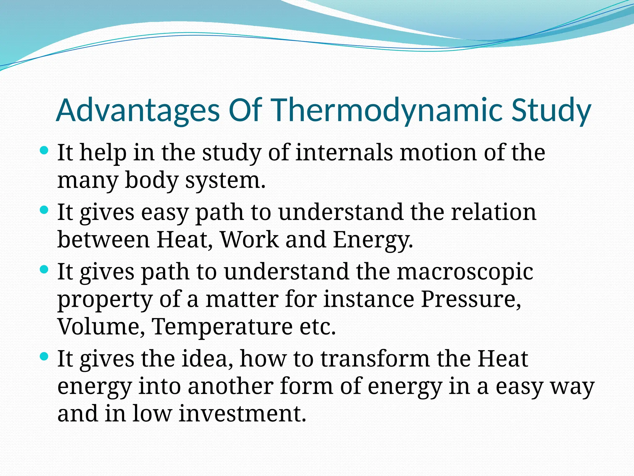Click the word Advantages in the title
click(x=138, y=110)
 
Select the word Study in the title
click(x=551, y=110)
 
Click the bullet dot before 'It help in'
click(x=44, y=151)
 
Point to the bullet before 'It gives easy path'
click(x=44, y=210)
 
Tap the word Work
click(x=249, y=240)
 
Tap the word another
click(x=231, y=387)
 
